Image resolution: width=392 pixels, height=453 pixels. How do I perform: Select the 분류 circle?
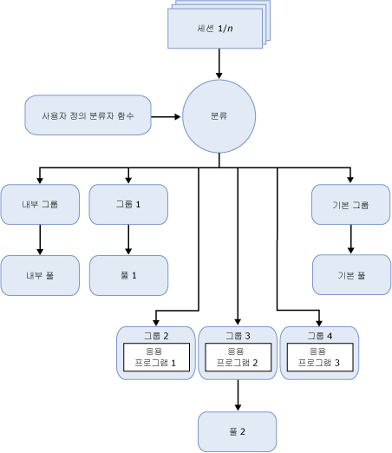click(x=219, y=115)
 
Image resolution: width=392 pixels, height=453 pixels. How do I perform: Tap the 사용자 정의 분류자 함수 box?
click(x=87, y=115)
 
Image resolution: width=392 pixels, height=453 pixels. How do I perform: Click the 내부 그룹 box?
click(x=40, y=205)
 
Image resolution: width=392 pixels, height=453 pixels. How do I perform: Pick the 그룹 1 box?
click(x=128, y=205)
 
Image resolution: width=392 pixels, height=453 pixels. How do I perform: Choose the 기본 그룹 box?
click(x=351, y=205)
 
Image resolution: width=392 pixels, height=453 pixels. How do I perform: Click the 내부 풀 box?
click(x=40, y=275)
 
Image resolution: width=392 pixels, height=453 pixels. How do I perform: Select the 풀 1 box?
click(x=128, y=275)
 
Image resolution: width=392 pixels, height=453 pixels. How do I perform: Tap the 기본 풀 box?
click(x=351, y=275)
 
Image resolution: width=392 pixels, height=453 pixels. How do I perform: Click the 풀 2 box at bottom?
click(x=238, y=431)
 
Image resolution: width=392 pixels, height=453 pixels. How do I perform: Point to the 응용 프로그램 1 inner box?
click(x=155, y=358)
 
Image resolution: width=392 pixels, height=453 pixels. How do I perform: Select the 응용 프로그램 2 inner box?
click(x=238, y=358)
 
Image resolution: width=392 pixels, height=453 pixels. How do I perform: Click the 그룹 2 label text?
click(x=155, y=334)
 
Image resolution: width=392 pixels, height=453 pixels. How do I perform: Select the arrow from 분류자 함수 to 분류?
click(x=167, y=115)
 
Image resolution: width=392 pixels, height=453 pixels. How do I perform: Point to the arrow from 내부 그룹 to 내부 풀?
click(x=40, y=240)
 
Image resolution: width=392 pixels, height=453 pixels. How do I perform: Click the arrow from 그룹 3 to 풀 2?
click(x=238, y=396)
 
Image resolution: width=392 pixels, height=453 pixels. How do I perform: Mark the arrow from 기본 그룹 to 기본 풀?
click(x=351, y=240)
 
